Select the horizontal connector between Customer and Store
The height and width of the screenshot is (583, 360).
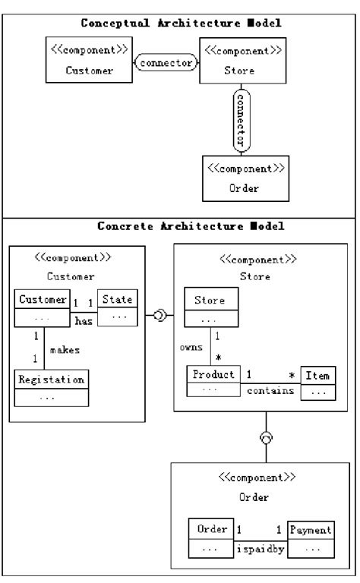coord(166,64)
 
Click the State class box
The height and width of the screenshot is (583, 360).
coord(118,308)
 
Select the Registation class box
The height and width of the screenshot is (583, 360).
coord(52,386)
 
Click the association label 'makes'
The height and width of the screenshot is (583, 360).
coord(65,349)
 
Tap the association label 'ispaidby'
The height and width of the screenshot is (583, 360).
coord(261,547)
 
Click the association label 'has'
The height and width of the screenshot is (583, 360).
coord(83,321)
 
